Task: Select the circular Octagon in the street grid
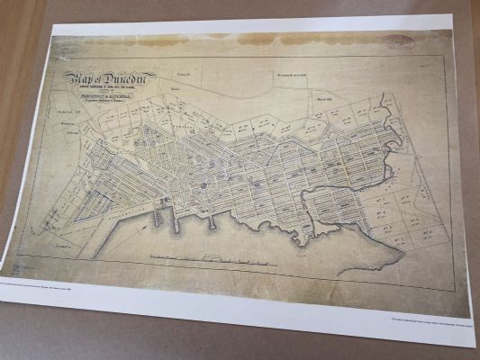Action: coord(204,187)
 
